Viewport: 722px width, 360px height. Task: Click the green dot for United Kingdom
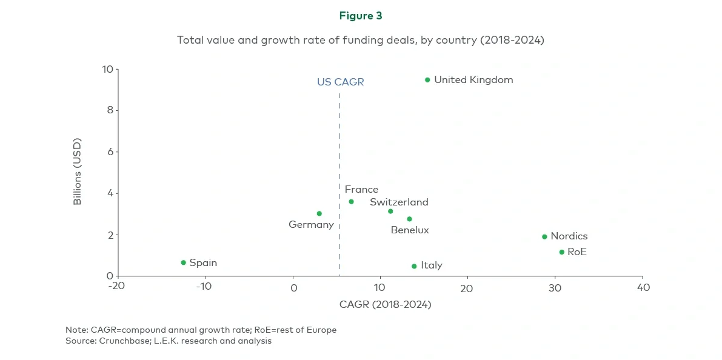(427, 80)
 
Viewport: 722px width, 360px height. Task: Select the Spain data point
(183, 262)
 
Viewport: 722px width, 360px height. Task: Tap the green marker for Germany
(319, 213)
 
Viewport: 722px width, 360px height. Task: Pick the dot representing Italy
(414, 266)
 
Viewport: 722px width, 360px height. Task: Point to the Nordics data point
(544, 237)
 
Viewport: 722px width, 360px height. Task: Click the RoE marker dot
(561, 252)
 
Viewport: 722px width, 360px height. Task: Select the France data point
(351, 202)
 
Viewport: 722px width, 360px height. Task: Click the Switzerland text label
(399, 202)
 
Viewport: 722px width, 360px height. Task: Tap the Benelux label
(409, 230)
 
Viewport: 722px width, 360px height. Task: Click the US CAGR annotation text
(340, 82)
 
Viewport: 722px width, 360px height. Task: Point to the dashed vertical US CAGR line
(339, 182)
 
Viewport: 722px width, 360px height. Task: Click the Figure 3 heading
(361, 16)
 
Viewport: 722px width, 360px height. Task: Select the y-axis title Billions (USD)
(78, 172)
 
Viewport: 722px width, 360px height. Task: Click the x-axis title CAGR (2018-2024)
(385, 304)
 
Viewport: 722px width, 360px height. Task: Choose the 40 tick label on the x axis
(643, 287)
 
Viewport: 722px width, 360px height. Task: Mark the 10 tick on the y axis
(107, 69)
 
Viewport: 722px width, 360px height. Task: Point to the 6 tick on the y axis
(110, 152)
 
